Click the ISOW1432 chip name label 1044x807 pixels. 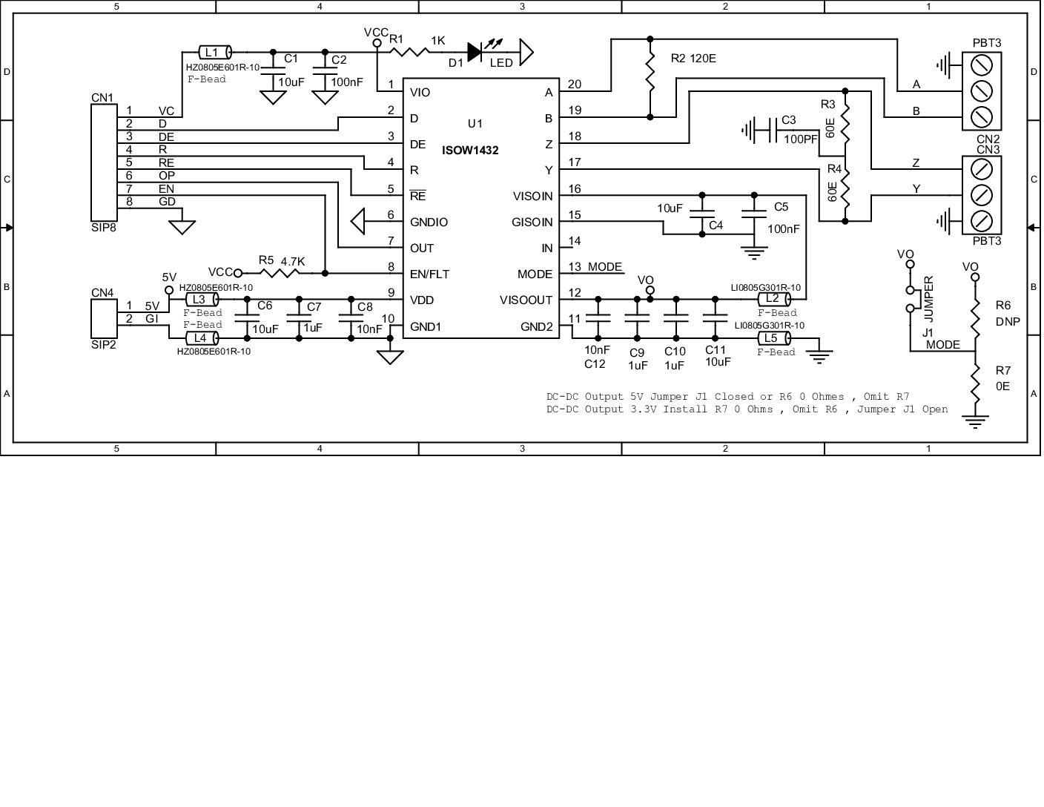point(470,150)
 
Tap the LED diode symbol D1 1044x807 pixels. point(475,51)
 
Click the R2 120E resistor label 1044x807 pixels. point(693,58)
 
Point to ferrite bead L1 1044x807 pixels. point(215,52)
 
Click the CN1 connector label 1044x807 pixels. point(102,97)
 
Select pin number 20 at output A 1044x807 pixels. point(575,84)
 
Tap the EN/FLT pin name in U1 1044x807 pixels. point(429,274)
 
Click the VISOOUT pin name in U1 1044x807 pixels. point(526,300)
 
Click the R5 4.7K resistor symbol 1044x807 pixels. point(280,273)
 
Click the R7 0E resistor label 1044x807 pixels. point(1002,378)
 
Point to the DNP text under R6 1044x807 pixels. point(1008,322)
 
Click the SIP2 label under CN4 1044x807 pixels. point(104,344)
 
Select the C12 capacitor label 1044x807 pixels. point(595,363)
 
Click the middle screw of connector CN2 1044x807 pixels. point(982,90)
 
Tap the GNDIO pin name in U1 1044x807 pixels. point(429,222)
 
